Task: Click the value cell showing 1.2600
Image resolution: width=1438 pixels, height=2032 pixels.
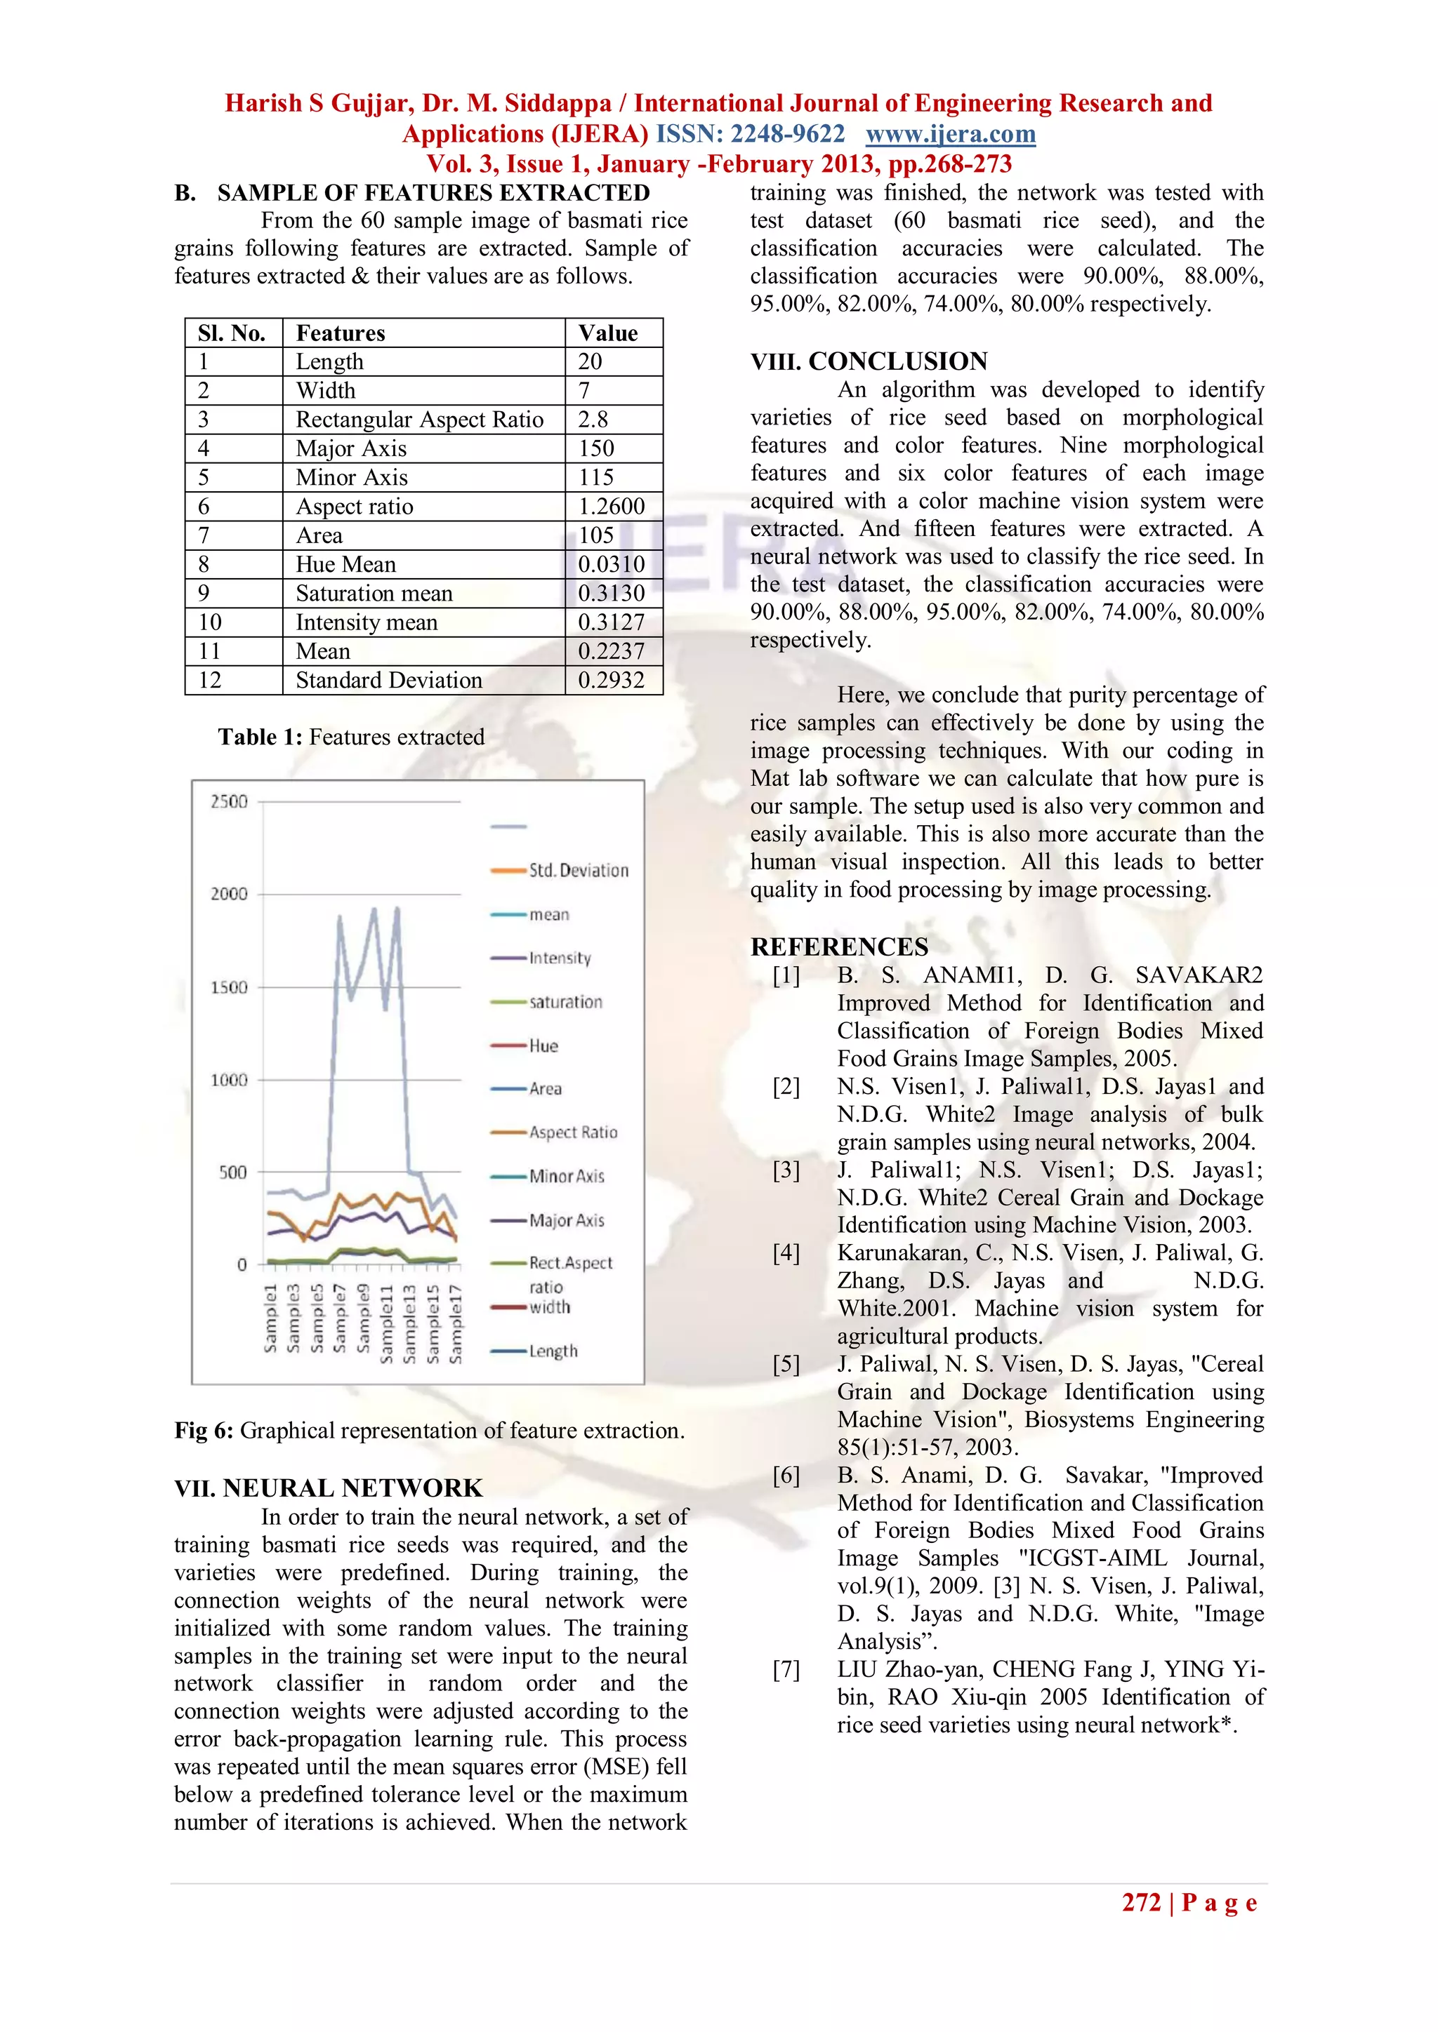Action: (612, 506)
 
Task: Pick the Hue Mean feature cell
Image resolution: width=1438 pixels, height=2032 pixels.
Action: (346, 565)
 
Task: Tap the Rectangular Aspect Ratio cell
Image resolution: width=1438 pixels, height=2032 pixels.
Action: (418, 420)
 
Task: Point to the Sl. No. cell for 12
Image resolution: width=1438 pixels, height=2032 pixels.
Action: (210, 681)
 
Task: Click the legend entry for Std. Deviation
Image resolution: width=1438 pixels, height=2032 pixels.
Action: (578, 871)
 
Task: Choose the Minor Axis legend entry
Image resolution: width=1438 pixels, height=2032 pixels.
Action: (567, 1176)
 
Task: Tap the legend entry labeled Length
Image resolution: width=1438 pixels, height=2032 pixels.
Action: (553, 1351)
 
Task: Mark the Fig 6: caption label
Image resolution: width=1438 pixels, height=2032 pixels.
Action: (204, 1431)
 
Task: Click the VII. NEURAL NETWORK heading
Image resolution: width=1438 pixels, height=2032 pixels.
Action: (329, 1488)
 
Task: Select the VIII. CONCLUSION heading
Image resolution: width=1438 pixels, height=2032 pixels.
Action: (869, 361)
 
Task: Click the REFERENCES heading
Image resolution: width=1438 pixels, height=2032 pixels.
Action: (840, 947)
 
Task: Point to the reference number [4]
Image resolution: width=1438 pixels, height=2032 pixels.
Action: (786, 1253)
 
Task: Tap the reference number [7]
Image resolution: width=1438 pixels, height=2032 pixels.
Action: (786, 1670)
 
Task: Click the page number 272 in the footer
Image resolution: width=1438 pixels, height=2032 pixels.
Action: (1140, 1903)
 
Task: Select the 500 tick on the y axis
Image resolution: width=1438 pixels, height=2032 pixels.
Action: (233, 1172)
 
